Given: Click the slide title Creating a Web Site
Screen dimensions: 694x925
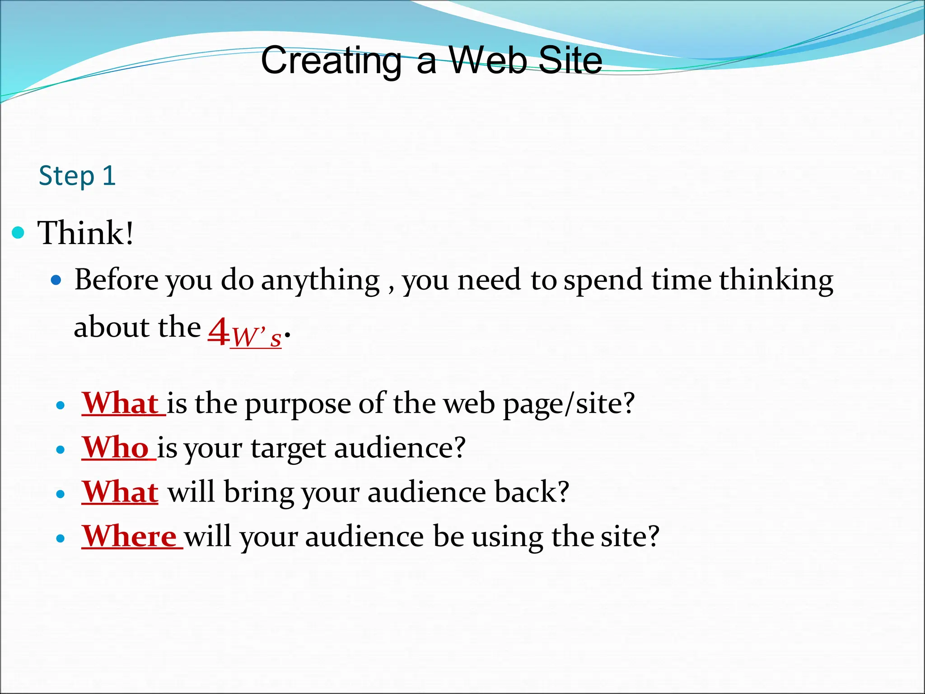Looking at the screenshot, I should pyautogui.click(x=431, y=61).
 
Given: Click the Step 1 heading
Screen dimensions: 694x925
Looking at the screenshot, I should pyautogui.click(x=77, y=176).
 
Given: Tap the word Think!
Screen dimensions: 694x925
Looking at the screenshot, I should pyautogui.click(x=86, y=233).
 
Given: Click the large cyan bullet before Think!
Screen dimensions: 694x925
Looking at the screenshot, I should pyautogui.click(x=18, y=233).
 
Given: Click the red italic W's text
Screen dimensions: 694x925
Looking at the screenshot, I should pyautogui.click(x=257, y=337).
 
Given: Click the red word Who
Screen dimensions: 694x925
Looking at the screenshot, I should pyautogui.click(x=116, y=447).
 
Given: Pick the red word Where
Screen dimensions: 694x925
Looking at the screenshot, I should pyautogui.click(x=130, y=536).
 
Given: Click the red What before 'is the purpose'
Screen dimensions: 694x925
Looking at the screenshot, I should pyautogui.click(x=120, y=403).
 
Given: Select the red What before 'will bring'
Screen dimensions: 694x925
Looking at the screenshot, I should pyautogui.click(x=120, y=492).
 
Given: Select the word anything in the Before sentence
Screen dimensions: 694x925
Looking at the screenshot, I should pyautogui.click(x=320, y=281).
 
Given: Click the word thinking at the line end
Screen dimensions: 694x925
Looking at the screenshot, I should pyautogui.click(x=776, y=281).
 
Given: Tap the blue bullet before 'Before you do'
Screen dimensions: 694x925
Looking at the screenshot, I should pyautogui.click(x=56, y=281).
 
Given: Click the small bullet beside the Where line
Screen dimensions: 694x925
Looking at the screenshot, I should pyautogui.click(x=61, y=539).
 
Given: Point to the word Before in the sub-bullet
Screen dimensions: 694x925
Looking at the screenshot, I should pyautogui.click(x=117, y=280).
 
